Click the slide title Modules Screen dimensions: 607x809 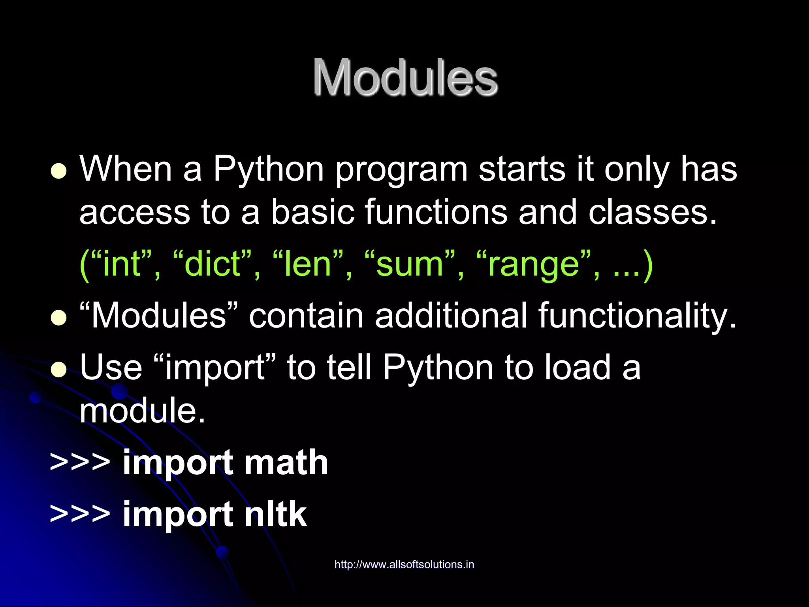[x=405, y=77]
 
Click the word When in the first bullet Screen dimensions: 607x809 [x=126, y=169]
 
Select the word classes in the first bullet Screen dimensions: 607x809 [x=652, y=213]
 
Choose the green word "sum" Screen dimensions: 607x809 [x=409, y=264]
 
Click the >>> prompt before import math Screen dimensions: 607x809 [x=80, y=462]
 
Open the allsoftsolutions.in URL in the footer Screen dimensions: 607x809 [x=404, y=564]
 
